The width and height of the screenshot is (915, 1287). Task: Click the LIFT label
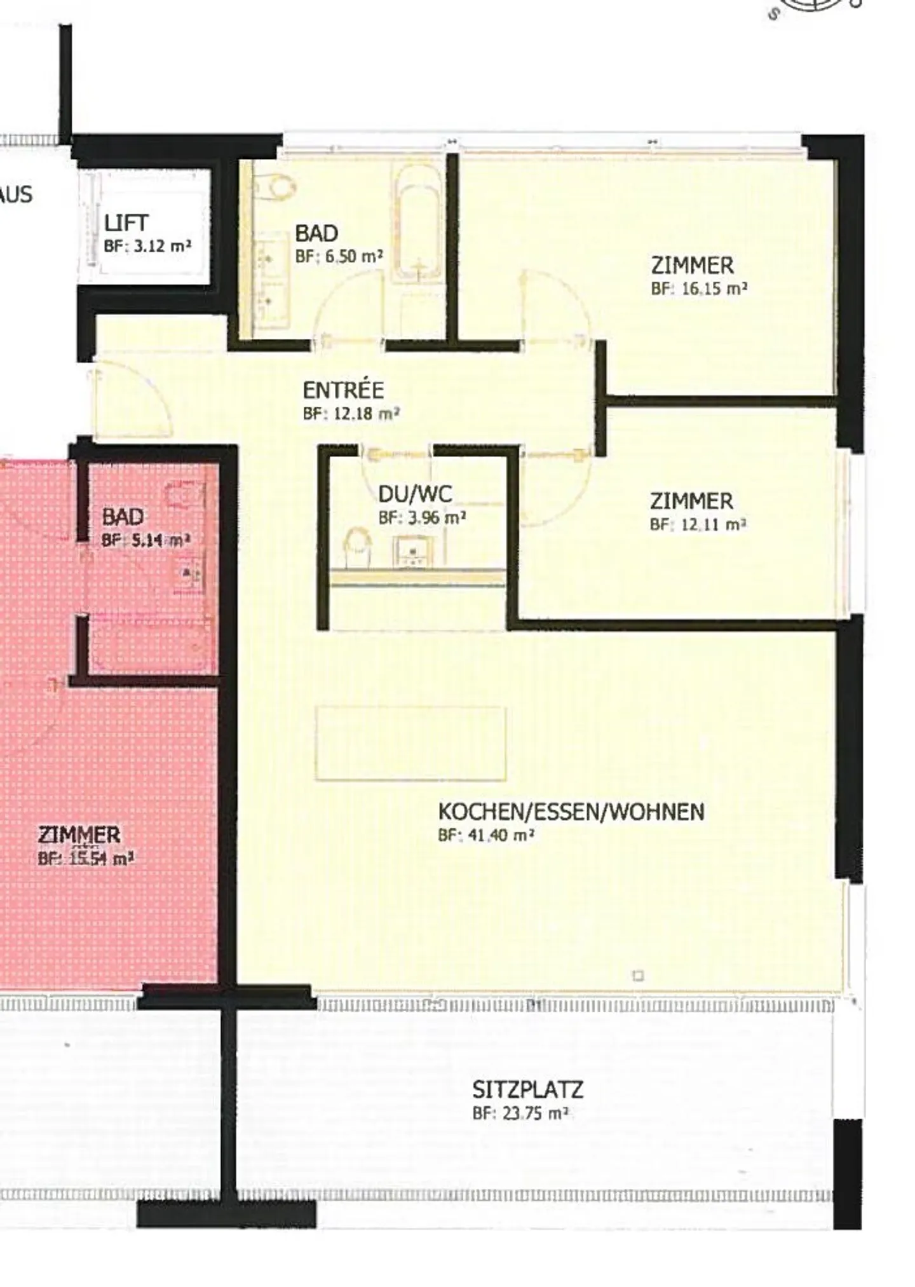click(126, 222)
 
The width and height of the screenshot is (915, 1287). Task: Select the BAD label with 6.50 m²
click(316, 233)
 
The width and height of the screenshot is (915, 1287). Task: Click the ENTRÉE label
click(343, 390)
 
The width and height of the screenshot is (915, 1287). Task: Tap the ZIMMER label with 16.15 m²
click(692, 264)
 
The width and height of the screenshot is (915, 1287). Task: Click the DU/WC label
click(415, 494)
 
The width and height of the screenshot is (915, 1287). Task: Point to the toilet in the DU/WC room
click(357, 547)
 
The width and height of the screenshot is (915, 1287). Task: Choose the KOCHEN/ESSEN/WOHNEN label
click(571, 812)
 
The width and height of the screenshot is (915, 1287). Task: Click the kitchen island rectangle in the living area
click(410, 742)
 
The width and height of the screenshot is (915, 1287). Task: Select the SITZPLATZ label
click(527, 1090)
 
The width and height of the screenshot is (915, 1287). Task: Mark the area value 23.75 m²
click(520, 1113)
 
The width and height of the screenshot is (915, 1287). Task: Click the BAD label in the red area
click(123, 517)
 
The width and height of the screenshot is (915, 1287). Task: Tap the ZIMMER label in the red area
click(79, 834)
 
